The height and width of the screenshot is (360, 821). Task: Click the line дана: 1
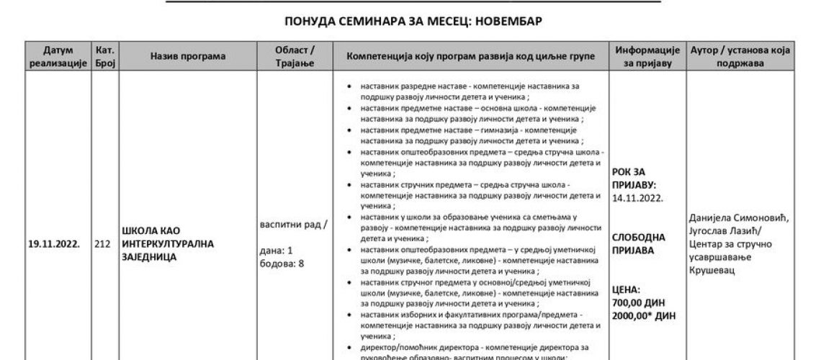click(274, 251)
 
